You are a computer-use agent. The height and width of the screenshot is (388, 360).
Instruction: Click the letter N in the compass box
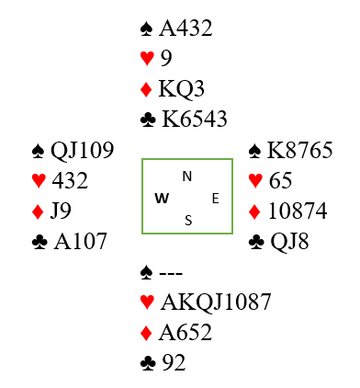(x=187, y=177)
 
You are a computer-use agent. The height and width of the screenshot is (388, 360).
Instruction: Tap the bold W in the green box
(x=162, y=199)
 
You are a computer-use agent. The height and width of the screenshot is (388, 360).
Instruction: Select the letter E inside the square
(x=216, y=199)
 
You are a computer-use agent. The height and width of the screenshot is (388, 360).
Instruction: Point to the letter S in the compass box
(x=188, y=221)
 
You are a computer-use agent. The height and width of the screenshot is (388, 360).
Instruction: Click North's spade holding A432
(x=186, y=29)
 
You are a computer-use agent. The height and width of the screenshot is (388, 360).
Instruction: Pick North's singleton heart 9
(x=166, y=58)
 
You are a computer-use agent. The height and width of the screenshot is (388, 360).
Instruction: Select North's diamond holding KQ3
(x=181, y=88)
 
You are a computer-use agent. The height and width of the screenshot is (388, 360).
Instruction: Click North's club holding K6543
(x=195, y=119)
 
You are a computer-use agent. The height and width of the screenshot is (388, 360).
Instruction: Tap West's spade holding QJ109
(x=82, y=150)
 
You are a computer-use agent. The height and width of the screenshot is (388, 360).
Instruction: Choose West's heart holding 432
(x=70, y=180)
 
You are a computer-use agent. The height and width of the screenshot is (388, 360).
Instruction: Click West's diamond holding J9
(x=61, y=211)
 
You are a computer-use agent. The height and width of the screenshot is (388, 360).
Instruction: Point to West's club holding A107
(x=80, y=241)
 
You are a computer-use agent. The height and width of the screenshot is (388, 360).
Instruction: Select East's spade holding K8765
(x=299, y=150)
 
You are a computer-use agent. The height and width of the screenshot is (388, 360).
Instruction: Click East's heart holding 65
(x=280, y=180)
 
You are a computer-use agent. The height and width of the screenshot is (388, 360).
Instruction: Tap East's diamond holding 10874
(x=298, y=211)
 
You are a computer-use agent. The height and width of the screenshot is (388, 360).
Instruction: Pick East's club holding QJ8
(x=289, y=242)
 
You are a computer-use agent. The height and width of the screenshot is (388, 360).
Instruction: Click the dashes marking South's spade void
(x=171, y=272)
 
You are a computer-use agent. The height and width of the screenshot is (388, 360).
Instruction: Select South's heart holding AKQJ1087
(x=216, y=302)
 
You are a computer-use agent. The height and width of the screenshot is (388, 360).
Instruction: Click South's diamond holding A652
(x=186, y=332)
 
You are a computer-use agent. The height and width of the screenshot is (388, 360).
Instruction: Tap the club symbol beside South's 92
(x=148, y=363)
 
